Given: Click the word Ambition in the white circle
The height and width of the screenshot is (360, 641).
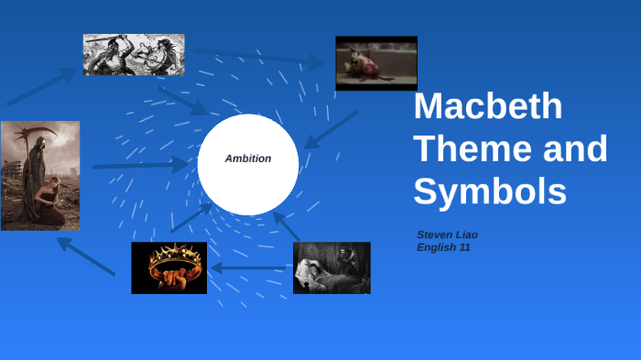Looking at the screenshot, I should point(248,158).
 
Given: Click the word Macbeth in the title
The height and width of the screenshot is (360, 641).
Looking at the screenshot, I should point(488,106).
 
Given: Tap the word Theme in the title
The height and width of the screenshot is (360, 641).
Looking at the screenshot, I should point(461,148).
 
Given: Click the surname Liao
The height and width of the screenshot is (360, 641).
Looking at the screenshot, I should point(467,235).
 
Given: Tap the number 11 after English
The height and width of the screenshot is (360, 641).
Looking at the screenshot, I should point(465,247).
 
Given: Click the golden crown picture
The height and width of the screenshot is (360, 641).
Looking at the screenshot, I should point(168,267).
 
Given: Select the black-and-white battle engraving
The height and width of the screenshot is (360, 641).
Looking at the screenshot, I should point(134,54).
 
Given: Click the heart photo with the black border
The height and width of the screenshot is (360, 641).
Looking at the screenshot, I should point(375,62).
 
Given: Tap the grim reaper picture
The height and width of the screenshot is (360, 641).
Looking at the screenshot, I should point(39,175).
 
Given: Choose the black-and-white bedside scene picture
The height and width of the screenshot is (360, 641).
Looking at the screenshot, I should point(331,267).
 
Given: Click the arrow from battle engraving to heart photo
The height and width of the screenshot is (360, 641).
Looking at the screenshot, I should point(261,58).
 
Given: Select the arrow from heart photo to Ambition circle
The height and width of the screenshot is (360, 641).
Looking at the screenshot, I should point(331,129).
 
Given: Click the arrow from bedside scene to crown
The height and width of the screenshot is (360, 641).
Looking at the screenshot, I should point(249,268).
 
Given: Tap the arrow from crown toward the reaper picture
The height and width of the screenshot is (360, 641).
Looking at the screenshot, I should point(86,256).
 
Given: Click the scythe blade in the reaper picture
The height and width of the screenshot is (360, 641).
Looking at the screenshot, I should point(37,134).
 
